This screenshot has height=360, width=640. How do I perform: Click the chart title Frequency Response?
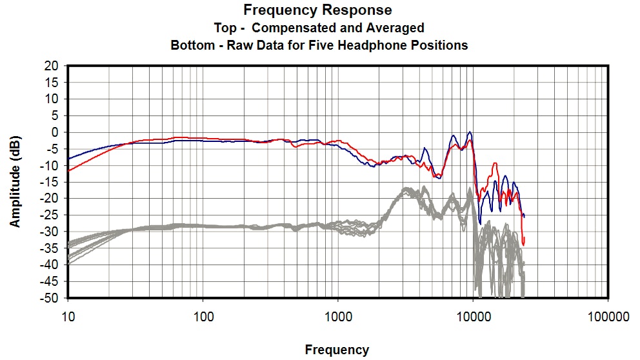coord(317,10)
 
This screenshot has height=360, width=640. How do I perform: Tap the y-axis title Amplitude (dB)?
coord(15,181)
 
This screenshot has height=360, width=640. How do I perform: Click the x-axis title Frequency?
coord(337,350)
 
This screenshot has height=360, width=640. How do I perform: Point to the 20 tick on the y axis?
coord(52,66)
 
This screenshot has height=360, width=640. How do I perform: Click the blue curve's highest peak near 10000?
coord(470,132)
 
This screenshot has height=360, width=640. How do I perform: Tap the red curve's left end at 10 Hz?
coord(68,170)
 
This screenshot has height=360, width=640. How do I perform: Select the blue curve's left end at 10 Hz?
coord(68,158)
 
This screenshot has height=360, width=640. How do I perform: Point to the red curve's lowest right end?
coord(523,245)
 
